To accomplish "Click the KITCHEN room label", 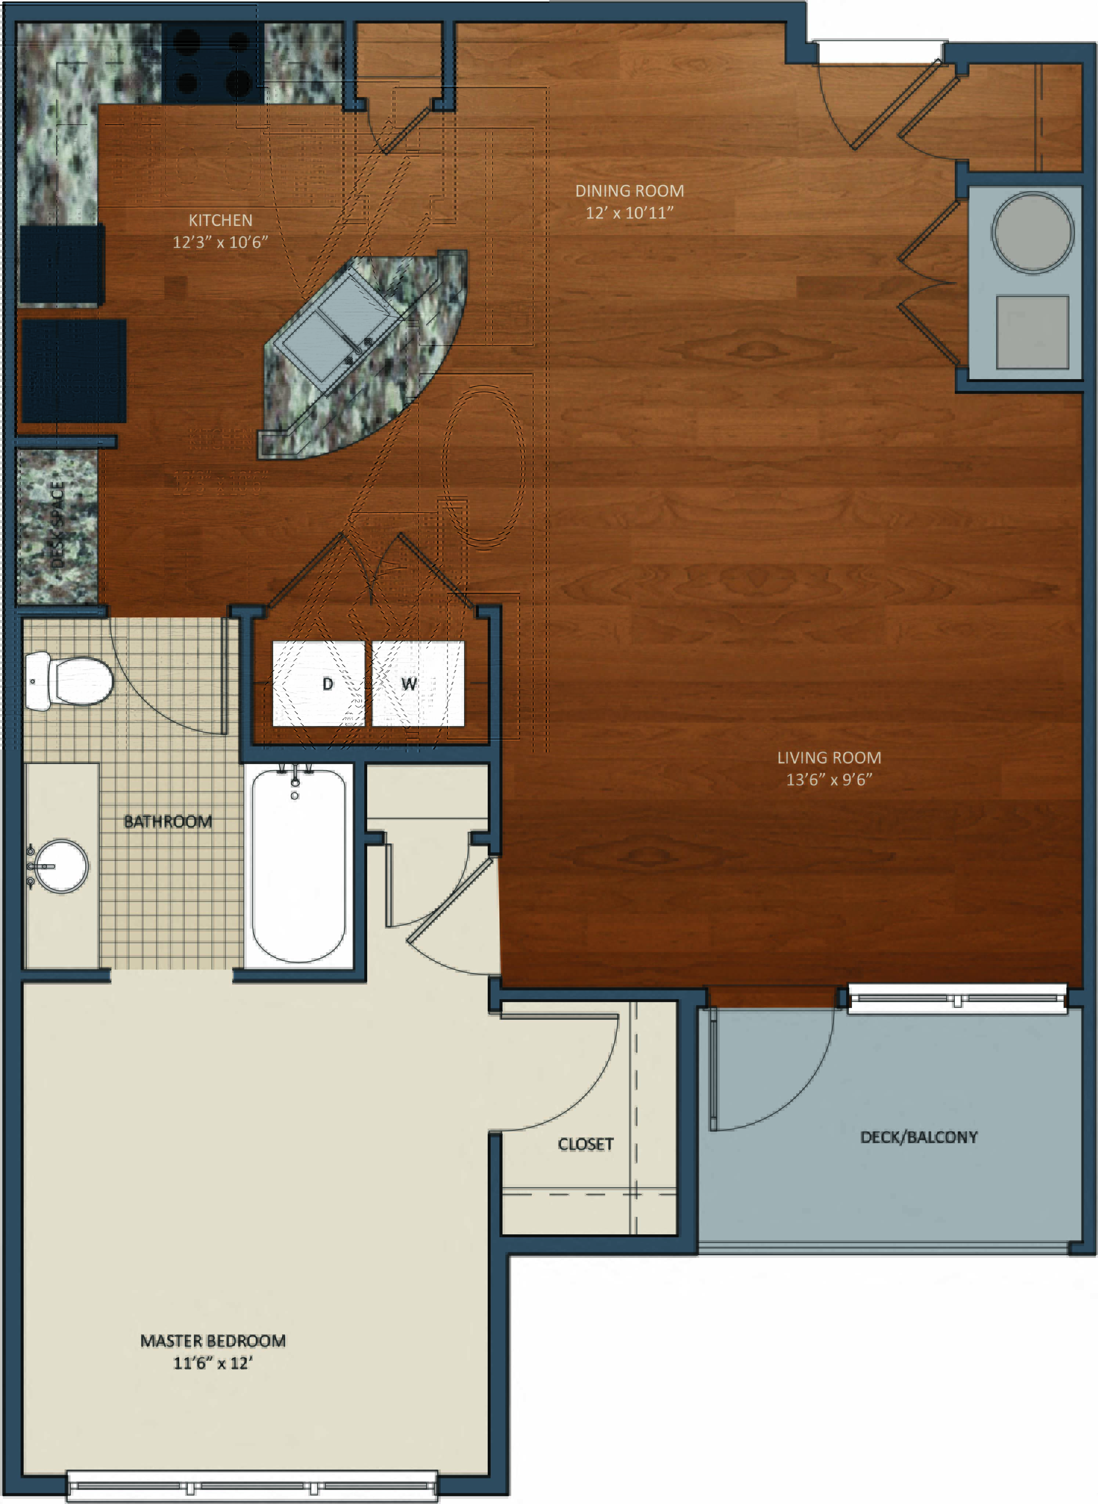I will click(x=220, y=220).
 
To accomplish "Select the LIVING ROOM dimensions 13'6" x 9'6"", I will click(x=829, y=780).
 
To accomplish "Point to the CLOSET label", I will click(x=585, y=1144).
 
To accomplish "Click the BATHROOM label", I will click(x=168, y=822).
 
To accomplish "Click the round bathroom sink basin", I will click(x=61, y=866).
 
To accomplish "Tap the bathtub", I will click(x=299, y=864).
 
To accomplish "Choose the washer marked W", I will click(x=418, y=684).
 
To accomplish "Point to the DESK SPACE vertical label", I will click(x=57, y=525).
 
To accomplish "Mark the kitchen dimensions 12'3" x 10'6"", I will click(x=220, y=242).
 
